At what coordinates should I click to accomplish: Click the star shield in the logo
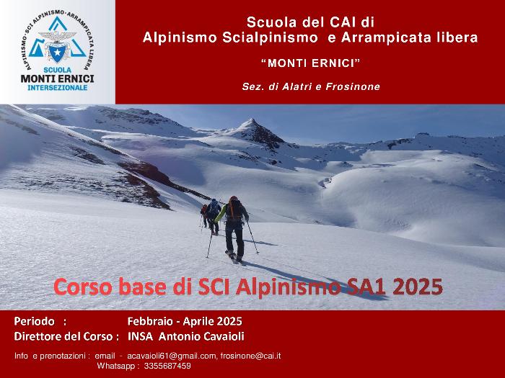point(57,53)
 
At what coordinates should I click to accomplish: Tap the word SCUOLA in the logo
point(58,70)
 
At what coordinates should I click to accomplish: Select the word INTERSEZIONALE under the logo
point(58,87)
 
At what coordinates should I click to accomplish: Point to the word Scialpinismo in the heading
point(271,37)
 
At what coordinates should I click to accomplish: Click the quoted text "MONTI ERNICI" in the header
point(310,63)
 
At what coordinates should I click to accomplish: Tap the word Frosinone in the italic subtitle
point(353,86)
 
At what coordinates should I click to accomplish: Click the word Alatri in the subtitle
point(297,86)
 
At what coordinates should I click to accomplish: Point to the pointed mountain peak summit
point(252,120)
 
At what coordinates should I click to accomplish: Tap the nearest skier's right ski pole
point(252,238)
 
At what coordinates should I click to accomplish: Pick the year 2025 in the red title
point(418,287)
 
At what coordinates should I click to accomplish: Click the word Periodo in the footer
point(35,321)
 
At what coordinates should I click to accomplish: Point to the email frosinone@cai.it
point(250,356)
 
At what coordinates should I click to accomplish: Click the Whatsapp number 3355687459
point(167,366)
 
